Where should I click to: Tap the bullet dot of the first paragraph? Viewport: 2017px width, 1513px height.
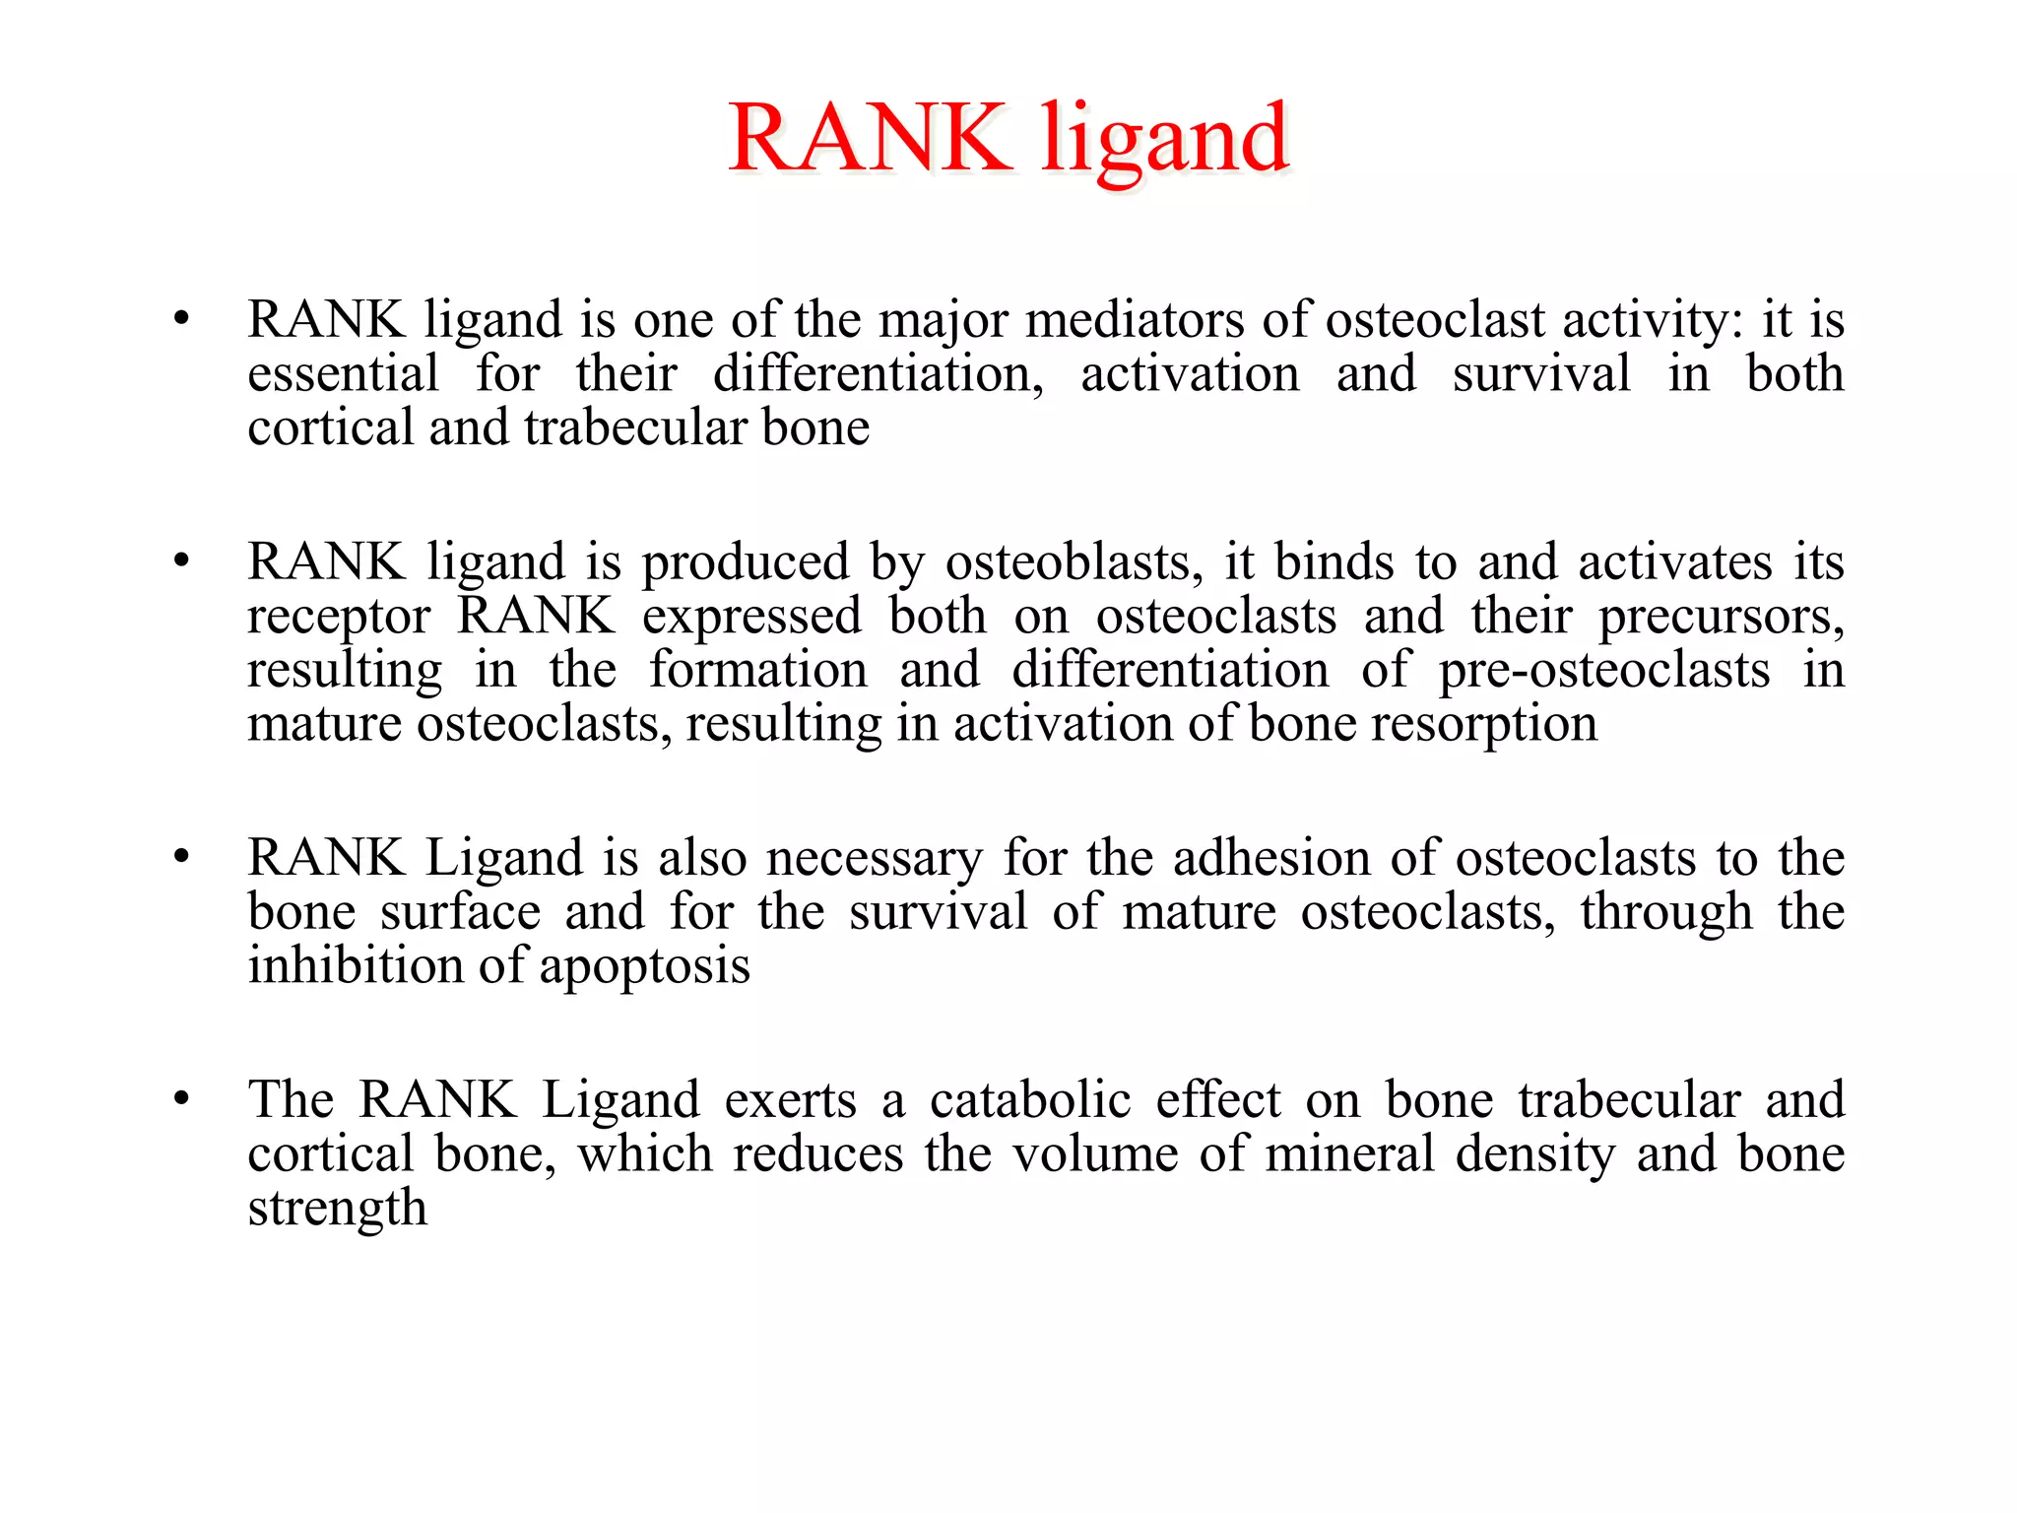181,319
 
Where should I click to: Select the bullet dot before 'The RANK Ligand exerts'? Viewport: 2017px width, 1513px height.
181,1099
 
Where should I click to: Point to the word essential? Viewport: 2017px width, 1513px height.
343,374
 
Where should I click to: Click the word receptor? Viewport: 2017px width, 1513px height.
339,618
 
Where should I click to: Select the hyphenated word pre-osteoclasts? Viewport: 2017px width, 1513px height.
1603,671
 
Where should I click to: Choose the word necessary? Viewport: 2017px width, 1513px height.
875,858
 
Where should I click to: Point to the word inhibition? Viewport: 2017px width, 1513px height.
353,965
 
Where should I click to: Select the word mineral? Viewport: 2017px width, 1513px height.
1349,1153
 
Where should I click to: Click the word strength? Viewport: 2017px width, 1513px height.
337,1209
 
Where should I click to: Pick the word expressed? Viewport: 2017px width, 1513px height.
751,618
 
